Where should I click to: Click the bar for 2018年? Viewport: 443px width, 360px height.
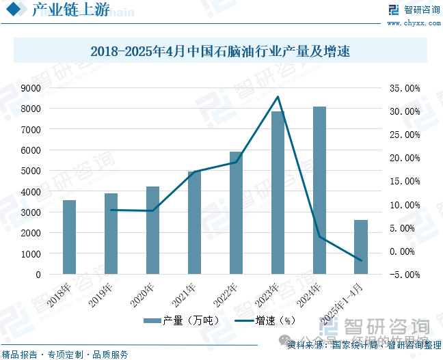pos(69,237)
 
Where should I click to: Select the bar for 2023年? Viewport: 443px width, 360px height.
pos(278,193)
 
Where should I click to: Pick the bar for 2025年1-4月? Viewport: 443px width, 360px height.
pos(361,247)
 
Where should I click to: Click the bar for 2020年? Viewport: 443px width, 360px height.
pos(152,230)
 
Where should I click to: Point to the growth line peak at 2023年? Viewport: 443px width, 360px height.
pos(278,96)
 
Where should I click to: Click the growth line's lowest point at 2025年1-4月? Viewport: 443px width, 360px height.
pos(361,260)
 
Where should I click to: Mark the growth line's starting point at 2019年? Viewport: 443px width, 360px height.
pos(111,210)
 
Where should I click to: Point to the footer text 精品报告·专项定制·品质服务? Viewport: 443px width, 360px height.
pos(65,354)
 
